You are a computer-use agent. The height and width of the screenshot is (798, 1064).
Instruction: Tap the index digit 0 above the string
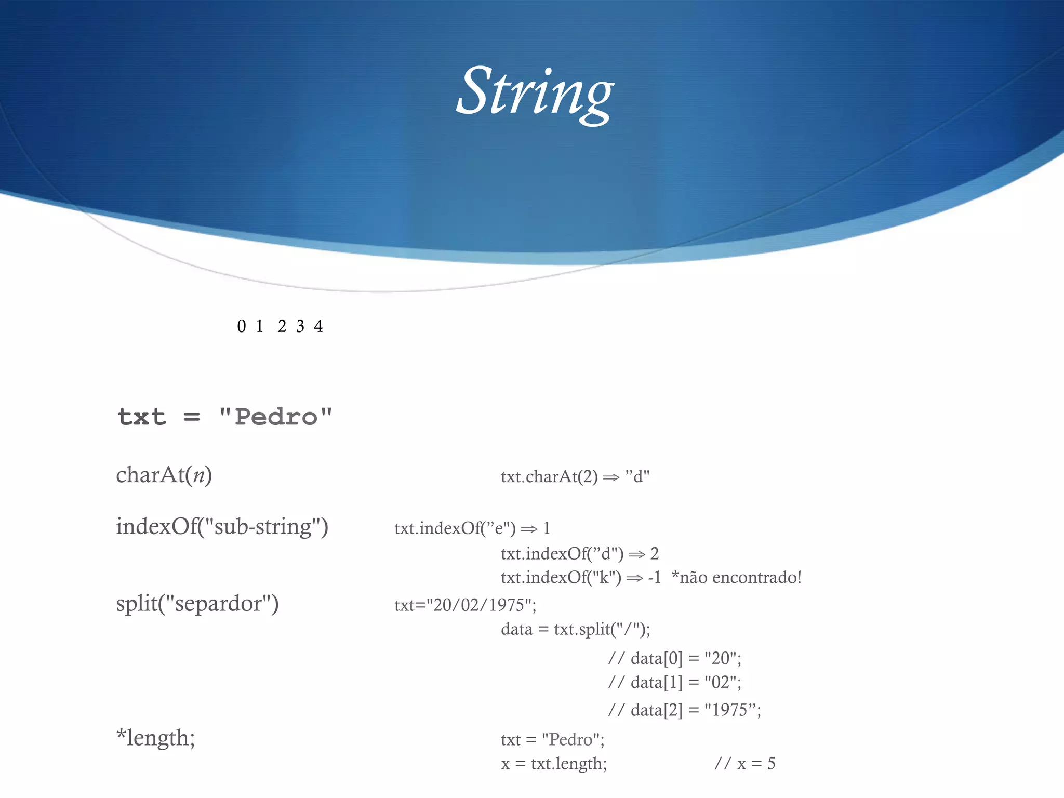[x=241, y=326]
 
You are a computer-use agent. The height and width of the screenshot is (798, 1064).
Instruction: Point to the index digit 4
[x=318, y=326]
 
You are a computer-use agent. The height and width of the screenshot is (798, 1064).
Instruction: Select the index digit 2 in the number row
[x=282, y=326]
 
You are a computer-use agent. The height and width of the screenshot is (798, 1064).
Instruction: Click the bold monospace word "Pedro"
[x=275, y=417]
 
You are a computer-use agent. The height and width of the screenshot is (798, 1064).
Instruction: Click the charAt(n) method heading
[x=164, y=475]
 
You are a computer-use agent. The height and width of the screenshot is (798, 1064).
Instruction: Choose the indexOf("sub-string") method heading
[x=222, y=527]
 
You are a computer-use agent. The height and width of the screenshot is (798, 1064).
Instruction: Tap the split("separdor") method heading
[x=197, y=604]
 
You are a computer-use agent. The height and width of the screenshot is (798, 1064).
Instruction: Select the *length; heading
[x=155, y=738]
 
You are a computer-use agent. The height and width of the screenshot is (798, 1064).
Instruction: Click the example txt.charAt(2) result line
[x=575, y=476]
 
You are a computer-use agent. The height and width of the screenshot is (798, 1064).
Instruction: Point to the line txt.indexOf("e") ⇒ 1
[x=472, y=528]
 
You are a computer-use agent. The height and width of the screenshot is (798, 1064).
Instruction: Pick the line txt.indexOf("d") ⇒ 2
[x=579, y=554]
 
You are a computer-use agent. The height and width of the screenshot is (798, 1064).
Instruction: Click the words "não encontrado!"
[x=740, y=577]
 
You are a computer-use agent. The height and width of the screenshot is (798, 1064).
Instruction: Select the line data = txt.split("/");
[x=575, y=629]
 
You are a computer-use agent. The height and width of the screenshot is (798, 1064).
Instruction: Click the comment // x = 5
[x=744, y=763]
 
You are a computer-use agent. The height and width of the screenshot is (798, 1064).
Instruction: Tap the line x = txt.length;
[x=554, y=763]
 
